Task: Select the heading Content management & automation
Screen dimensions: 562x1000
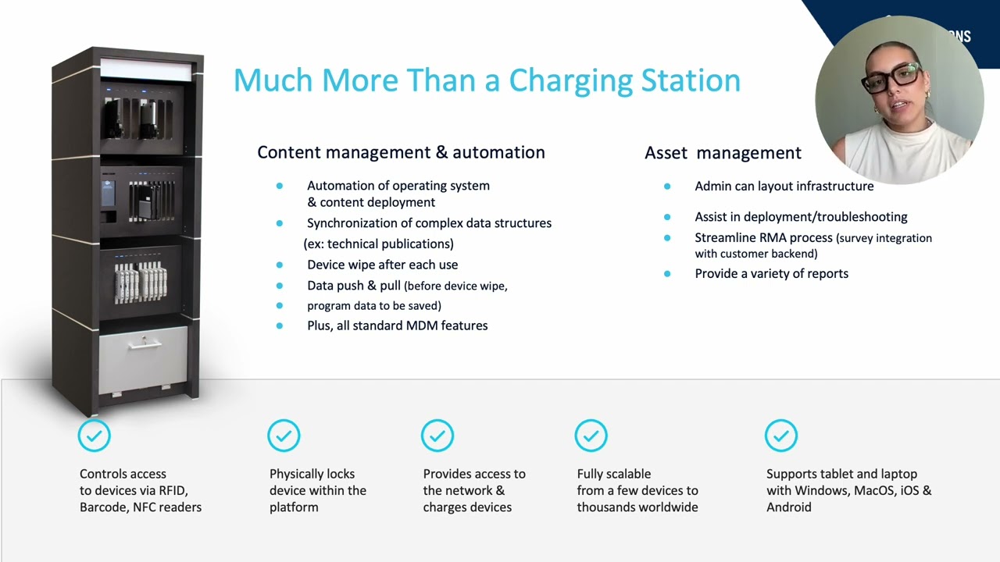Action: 401,152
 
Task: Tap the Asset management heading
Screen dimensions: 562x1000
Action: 723,153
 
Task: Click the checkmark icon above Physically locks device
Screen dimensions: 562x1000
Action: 284,436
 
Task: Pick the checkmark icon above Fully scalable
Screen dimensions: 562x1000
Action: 591,436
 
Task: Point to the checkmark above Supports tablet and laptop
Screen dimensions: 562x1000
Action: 780,436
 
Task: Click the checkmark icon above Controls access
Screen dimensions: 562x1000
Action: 94,436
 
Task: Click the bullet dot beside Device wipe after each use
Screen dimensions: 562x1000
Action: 280,265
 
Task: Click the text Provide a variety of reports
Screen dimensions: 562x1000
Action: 771,274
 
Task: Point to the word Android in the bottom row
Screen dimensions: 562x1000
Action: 789,507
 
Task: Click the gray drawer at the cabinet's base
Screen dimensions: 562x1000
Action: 144,358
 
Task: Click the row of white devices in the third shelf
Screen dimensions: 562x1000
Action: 141,283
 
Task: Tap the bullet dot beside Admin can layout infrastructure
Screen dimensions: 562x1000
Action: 667,187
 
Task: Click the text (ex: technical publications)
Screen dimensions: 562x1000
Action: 378,244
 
